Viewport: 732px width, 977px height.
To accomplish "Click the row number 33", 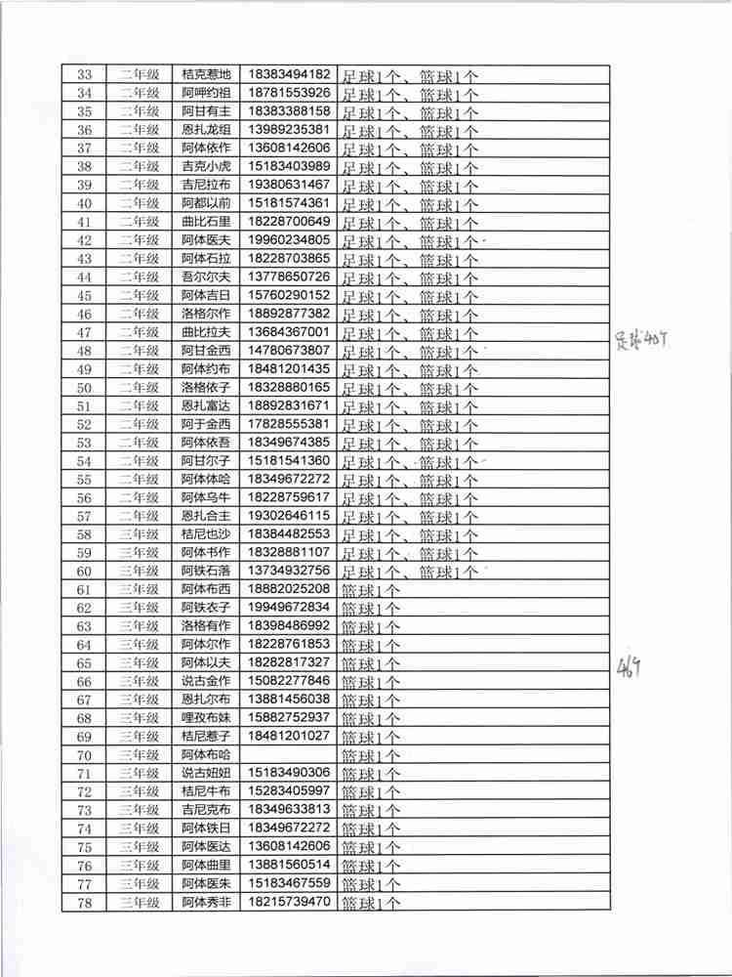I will tap(84, 74).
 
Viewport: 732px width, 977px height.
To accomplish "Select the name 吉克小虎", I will tap(206, 166).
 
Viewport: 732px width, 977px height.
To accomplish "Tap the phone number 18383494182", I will tap(290, 74).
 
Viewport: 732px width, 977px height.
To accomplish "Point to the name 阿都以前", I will tap(206, 203).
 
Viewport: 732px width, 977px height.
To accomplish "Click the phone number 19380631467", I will tap(290, 185).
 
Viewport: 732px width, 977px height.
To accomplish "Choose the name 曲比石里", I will tap(206, 222).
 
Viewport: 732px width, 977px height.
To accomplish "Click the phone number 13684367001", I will tap(290, 332).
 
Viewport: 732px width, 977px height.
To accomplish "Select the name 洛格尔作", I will tap(206, 314).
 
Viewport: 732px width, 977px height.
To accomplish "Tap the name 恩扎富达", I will tap(206, 405).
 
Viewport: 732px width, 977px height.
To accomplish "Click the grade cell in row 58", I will tap(139, 534).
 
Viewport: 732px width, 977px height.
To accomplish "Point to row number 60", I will tap(84, 571).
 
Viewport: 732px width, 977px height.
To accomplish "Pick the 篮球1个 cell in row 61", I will tap(371, 590).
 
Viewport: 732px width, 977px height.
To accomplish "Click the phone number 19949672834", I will tap(290, 608).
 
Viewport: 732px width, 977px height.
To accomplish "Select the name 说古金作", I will tap(206, 681).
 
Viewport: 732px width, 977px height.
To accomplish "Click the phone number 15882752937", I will tap(290, 718).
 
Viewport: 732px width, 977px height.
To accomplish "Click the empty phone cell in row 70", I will tap(290, 754).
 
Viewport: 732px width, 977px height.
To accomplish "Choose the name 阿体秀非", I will tap(206, 902).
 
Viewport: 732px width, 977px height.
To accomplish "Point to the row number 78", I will tap(84, 902).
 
